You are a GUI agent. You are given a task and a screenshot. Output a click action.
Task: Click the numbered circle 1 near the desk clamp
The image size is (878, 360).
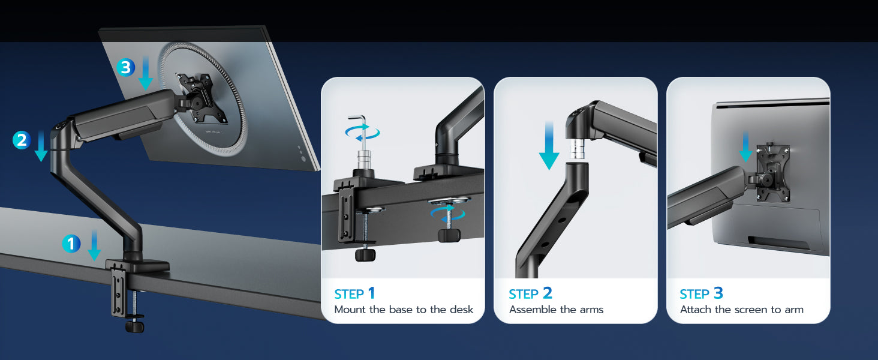(x=71, y=244)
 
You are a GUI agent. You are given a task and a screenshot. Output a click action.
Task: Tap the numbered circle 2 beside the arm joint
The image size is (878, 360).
(x=22, y=140)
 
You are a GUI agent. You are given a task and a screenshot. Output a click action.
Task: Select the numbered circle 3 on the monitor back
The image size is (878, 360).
(x=126, y=67)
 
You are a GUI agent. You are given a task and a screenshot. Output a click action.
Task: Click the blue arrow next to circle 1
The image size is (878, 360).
(x=94, y=245)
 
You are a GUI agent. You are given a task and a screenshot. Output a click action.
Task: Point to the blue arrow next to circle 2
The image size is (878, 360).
(x=41, y=146)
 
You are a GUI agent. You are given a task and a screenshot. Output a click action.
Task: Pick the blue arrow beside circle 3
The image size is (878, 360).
(x=145, y=73)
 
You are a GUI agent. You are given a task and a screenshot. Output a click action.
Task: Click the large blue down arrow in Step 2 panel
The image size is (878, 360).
(x=549, y=145)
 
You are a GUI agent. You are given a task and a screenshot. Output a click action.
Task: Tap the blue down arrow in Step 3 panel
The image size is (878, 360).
(x=745, y=146)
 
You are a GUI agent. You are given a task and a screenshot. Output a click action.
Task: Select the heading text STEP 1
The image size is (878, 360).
(x=354, y=293)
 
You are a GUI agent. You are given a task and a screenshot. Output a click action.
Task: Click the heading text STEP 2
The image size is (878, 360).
(x=530, y=293)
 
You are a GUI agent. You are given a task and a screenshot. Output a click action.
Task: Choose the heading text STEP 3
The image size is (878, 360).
(x=701, y=293)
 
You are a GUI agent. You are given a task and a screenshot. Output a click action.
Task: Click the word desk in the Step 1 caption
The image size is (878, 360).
(x=461, y=310)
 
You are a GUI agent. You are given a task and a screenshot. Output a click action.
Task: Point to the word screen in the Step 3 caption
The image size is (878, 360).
(x=751, y=310)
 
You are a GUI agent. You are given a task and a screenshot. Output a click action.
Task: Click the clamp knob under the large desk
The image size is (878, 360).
(x=134, y=326)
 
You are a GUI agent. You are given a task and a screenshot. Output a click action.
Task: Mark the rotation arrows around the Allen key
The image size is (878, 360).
(x=363, y=132)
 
